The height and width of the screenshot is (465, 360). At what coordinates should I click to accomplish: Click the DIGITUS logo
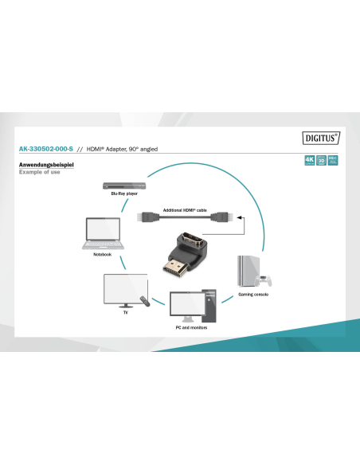tap(321, 136)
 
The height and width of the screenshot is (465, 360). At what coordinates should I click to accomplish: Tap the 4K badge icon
tap(309, 160)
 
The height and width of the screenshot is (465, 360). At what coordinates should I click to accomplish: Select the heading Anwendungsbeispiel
tap(45, 165)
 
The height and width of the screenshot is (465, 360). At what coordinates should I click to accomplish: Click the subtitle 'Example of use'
tap(39, 172)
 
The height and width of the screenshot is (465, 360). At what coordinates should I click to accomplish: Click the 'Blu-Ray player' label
tap(124, 194)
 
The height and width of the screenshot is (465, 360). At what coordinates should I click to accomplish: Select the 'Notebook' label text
tap(102, 254)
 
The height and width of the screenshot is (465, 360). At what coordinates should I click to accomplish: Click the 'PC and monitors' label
tap(190, 327)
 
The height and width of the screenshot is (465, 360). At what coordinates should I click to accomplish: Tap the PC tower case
tap(209, 303)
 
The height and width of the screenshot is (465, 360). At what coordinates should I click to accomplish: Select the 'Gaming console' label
tap(254, 295)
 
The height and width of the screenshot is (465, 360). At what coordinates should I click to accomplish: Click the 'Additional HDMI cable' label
tap(185, 209)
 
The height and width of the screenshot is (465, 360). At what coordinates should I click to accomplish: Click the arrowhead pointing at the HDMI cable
tap(239, 217)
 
